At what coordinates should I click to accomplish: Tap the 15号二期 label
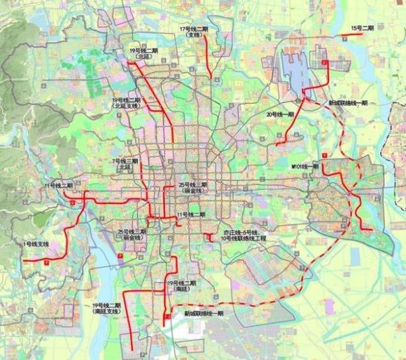362,27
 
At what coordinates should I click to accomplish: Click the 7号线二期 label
125,161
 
